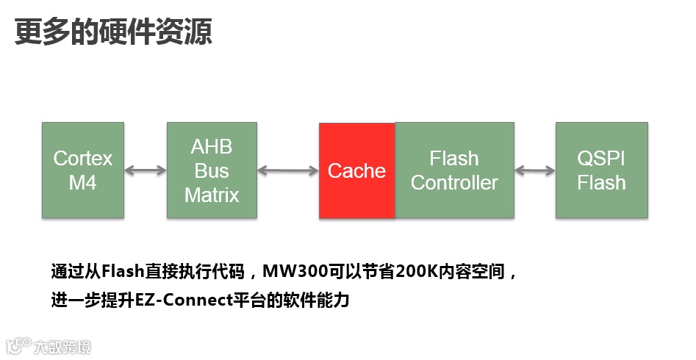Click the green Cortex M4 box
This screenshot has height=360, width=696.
82,170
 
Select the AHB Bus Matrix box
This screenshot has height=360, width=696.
212,170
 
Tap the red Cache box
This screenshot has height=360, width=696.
356,170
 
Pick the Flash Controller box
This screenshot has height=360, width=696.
454,170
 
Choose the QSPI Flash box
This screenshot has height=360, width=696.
601,170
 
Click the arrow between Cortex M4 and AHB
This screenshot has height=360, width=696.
145,170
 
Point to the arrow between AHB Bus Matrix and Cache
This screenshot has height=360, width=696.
288,170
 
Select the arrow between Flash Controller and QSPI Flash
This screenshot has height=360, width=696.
534,170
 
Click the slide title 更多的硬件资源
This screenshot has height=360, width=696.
114,32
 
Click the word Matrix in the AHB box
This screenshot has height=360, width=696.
212,195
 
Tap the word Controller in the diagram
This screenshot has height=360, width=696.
454,183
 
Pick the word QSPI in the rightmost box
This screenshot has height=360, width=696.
601,159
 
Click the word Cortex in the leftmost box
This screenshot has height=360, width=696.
82,159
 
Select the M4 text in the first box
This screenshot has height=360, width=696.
82,183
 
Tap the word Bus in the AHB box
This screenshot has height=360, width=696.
212,171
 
